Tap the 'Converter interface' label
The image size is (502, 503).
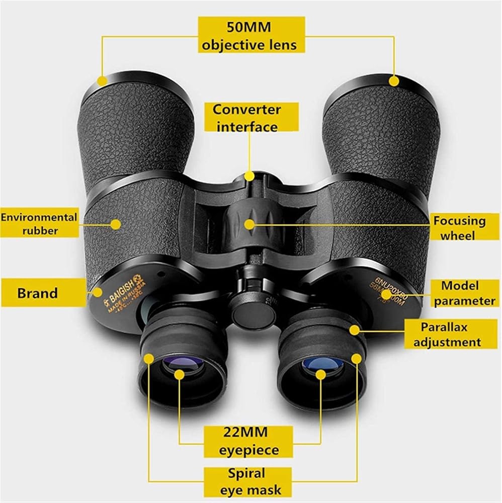point(246,118)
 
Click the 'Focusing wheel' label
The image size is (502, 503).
point(460,228)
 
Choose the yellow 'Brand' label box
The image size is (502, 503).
point(38,293)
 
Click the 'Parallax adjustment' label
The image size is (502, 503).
point(451,335)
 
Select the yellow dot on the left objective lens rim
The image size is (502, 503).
point(102,80)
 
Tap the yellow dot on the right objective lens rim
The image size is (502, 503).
point(394,80)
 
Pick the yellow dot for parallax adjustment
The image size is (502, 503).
point(356,329)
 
